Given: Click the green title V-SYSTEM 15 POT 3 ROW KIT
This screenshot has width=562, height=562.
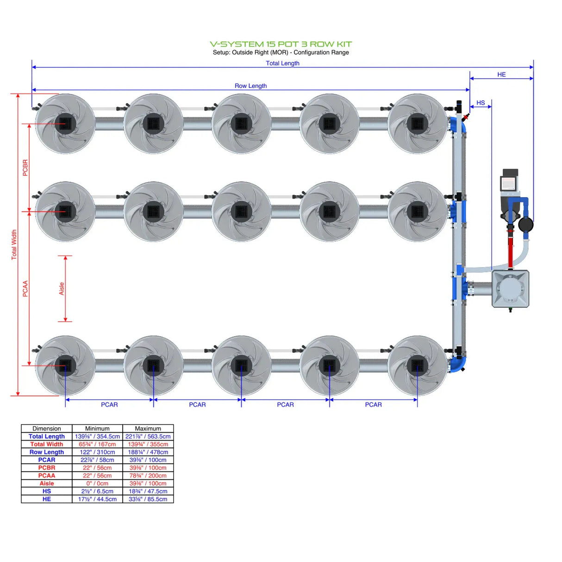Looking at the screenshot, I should [281, 44].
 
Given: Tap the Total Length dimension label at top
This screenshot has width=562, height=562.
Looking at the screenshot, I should [282, 63].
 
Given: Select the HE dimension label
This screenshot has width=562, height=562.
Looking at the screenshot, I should [501, 75].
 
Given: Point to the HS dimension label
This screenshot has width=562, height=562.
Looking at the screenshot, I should [481, 103].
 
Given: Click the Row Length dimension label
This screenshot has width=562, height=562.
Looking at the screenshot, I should [250, 86].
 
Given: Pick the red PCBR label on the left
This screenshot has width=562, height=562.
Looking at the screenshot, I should [25, 168].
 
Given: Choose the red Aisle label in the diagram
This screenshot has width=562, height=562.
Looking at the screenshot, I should [62, 289].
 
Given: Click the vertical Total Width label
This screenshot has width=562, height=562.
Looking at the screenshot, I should [14, 244].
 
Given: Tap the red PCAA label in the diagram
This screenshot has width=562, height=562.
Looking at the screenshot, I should [25, 288].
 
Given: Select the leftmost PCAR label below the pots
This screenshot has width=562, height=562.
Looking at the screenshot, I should [109, 405].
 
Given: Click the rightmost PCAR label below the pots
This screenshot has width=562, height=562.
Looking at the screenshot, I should [373, 405].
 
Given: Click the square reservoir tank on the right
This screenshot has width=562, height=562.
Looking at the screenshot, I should [510, 289].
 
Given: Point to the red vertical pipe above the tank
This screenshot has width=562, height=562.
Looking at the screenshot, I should [510, 250].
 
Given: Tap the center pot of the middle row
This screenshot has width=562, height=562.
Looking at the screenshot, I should [241, 212].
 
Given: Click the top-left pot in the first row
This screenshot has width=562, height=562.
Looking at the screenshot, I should [65, 124].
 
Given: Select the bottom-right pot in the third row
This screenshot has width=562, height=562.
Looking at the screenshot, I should [417, 366].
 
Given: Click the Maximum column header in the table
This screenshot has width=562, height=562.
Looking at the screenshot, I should [148, 429].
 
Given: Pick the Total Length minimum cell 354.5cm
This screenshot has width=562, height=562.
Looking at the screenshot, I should [97, 437].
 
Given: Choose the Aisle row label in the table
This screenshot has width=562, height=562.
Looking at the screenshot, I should [47, 483].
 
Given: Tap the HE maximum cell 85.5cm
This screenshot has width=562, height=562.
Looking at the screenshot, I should [148, 499].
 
